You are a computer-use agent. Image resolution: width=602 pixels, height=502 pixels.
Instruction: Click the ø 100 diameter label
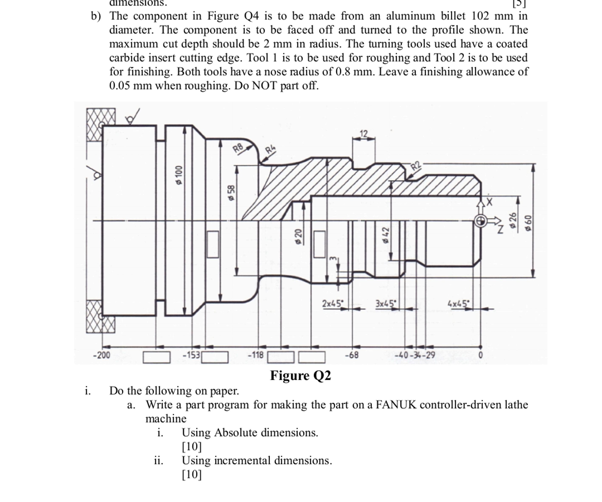[179, 175]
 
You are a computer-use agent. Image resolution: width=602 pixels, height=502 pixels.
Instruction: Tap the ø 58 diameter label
[231, 193]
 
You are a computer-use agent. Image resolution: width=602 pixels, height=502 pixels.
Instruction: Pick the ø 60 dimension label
[528, 223]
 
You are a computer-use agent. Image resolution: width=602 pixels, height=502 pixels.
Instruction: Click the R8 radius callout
[238, 148]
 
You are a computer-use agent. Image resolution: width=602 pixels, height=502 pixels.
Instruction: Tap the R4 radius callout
[270, 149]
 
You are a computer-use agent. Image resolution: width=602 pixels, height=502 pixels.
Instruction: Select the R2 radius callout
[416, 166]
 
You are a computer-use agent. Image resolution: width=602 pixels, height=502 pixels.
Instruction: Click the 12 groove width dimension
[364, 134]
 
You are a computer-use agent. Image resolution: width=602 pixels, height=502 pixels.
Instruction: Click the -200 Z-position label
[102, 355]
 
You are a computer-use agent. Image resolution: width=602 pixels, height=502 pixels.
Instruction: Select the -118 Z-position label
[255, 355]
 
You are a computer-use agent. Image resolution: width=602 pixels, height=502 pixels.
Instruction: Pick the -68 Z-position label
[352, 355]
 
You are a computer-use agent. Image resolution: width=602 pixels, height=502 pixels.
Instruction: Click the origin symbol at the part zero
[481, 221]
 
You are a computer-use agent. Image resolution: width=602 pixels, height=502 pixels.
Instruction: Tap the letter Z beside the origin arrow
[500, 230]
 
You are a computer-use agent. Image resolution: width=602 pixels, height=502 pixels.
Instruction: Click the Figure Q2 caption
[300, 376]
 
